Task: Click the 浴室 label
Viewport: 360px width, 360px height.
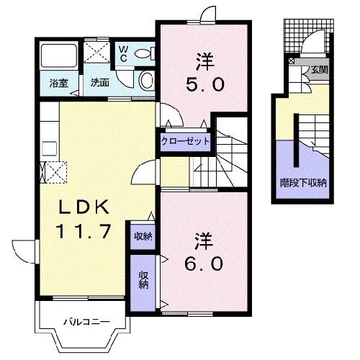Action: (x=58, y=83)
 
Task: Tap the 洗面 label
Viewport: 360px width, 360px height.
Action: (x=99, y=83)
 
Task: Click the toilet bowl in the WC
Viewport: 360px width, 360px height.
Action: (x=143, y=52)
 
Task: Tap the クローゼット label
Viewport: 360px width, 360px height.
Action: (x=186, y=141)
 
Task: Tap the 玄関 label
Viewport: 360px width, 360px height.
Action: (x=319, y=70)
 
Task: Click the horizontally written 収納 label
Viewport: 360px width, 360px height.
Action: (x=142, y=235)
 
